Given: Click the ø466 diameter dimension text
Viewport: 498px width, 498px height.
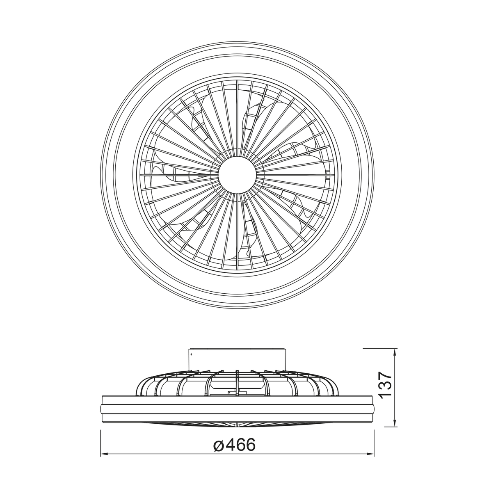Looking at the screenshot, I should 234,444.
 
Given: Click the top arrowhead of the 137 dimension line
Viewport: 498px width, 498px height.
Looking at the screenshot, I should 395,352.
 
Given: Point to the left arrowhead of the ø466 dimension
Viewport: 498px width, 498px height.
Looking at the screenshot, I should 104,454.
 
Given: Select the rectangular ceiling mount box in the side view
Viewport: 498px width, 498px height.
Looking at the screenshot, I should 237,358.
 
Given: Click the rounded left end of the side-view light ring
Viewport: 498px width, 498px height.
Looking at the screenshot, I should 101,409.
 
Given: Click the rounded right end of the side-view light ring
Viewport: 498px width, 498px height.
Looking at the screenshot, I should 373,409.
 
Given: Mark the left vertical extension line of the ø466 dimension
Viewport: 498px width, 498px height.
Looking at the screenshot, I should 101,443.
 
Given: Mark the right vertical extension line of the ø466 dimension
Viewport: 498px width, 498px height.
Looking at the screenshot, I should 374,443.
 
